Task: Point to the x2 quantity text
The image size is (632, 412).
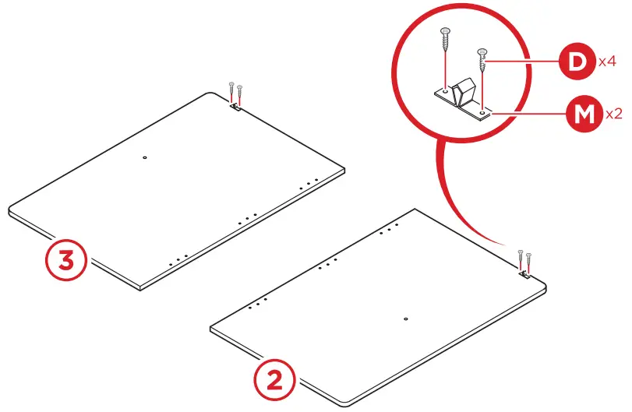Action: [613, 114]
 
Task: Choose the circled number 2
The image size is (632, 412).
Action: [274, 381]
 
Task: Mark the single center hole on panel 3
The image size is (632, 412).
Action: [145, 158]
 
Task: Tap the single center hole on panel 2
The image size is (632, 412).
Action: [407, 319]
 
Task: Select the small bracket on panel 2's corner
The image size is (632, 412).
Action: [524, 273]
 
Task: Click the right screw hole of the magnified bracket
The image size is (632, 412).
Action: [483, 112]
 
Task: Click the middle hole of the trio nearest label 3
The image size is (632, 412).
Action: [178, 259]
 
